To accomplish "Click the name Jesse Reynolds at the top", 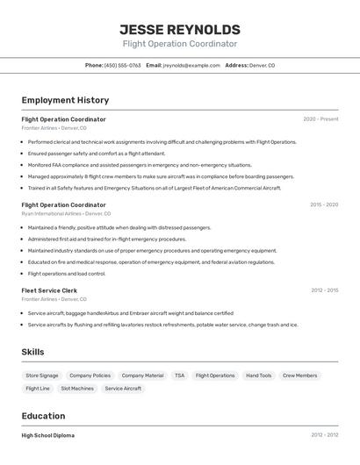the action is pyautogui.click(x=179, y=29).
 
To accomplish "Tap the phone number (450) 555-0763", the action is pyautogui.click(x=122, y=65).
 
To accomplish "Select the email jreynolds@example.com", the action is pyautogui.click(x=191, y=65).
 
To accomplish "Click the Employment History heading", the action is pyautogui.click(x=65, y=100).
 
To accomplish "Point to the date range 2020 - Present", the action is pyautogui.click(x=320, y=118).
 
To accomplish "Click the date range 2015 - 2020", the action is pyautogui.click(x=323, y=204).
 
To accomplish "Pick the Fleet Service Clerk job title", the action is pyautogui.click(x=49, y=290).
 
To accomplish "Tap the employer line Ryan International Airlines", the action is pyautogui.click(x=66, y=213).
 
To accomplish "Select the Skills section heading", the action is pyautogui.click(x=32, y=352).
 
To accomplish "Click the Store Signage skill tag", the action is pyautogui.click(x=42, y=376).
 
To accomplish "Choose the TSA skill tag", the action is pyautogui.click(x=179, y=376).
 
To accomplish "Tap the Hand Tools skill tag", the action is pyautogui.click(x=258, y=376).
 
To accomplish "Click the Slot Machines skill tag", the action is pyautogui.click(x=77, y=388).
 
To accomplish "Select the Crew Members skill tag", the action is pyautogui.click(x=299, y=376).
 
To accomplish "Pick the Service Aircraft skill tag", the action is pyautogui.click(x=123, y=388).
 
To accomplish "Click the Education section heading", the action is pyautogui.click(x=43, y=416).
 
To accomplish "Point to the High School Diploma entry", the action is pyautogui.click(x=47, y=435).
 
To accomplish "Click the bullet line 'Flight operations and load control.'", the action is pyautogui.click(x=67, y=273).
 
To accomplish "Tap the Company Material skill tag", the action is pyautogui.click(x=142, y=376).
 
